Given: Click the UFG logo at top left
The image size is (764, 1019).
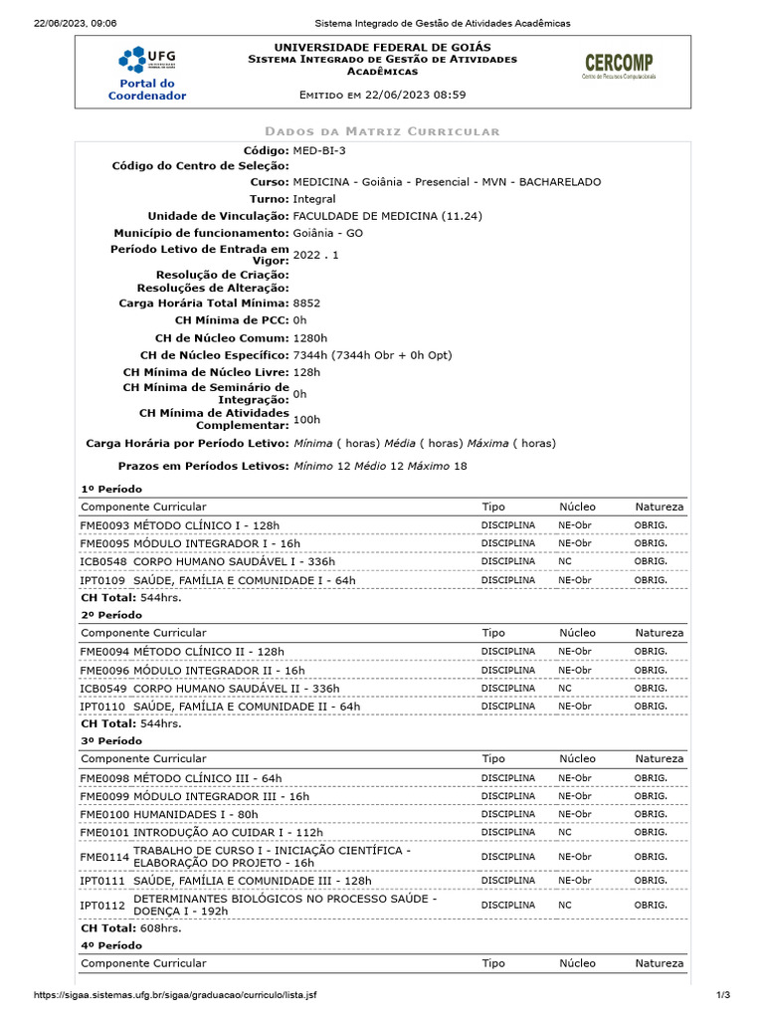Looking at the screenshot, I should tap(146, 59).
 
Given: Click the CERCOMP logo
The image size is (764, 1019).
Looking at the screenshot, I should tap(618, 67).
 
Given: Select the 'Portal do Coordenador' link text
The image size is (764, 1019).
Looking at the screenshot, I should tap(146, 90).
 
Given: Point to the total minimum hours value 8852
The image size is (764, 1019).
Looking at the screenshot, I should tap(307, 302).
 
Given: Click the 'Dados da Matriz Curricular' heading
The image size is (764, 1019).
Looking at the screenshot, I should tap(382, 131).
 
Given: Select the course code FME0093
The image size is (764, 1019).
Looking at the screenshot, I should tap(104, 524).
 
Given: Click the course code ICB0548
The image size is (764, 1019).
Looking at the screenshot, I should tap(104, 561).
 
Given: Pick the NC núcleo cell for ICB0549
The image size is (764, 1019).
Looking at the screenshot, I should tap(565, 688).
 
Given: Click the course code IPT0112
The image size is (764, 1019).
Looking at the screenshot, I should tap(104, 906).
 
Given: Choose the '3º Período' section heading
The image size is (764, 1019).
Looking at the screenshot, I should tap(111, 741).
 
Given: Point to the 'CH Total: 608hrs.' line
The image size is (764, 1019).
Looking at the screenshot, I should tap(131, 927).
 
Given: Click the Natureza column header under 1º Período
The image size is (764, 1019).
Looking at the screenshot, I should tap(659, 507).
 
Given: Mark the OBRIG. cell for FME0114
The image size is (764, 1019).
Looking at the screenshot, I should tap(651, 856).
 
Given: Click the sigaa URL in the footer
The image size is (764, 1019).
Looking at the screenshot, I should tap(175, 995).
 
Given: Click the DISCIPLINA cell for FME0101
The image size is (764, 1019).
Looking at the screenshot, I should tap(508, 832).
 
